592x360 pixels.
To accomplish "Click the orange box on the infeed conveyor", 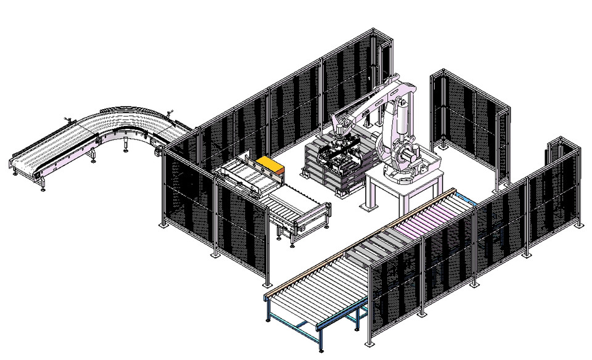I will (x=270, y=165).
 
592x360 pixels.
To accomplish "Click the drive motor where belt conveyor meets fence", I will (x=158, y=147).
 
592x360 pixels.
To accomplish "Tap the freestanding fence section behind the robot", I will (x=469, y=123).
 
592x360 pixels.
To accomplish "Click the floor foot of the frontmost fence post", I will (x=368, y=343).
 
